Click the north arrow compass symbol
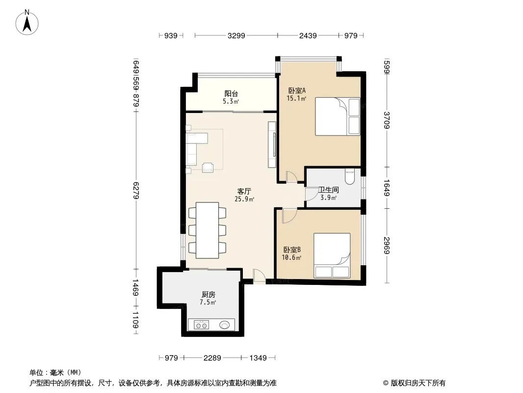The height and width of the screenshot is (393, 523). pyautogui.click(x=27, y=23)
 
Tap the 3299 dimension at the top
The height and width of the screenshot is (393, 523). pyautogui.click(x=236, y=35)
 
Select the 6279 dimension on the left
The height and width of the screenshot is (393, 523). pyautogui.click(x=136, y=190)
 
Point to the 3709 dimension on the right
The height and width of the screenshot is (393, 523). pyautogui.click(x=387, y=120)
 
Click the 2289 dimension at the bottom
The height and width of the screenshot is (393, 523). pyautogui.click(x=212, y=358)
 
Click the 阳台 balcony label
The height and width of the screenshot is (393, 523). pyautogui.click(x=231, y=94)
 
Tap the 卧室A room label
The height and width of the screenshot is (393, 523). pyautogui.click(x=297, y=90)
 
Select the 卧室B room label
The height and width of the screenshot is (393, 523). pyautogui.click(x=292, y=250)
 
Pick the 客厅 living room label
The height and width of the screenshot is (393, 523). pyautogui.click(x=244, y=191)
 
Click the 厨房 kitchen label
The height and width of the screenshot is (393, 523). pyautogui.click(x=208, y=294)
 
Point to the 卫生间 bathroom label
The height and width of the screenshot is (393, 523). pyautogui.click(x=329, y=190)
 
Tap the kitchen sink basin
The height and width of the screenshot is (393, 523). pyautogui.click(x=225, y=325)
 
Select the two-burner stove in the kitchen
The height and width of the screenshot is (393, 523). pyautogui.click(x=202, y=325)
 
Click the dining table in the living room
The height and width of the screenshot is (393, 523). pyautogui.click(x=207, y=230)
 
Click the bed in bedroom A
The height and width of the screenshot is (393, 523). pyautogui.click(x=338, y=116)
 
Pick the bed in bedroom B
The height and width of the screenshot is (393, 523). pyautogui.click(x=332, y=255)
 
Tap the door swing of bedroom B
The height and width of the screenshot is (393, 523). pyautogui.click(x=289, y=216)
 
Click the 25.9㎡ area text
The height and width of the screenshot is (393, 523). pyautogui.click(x=244, y=199)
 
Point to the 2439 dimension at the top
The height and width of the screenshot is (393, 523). pyautogui.click(x=308, y=35)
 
